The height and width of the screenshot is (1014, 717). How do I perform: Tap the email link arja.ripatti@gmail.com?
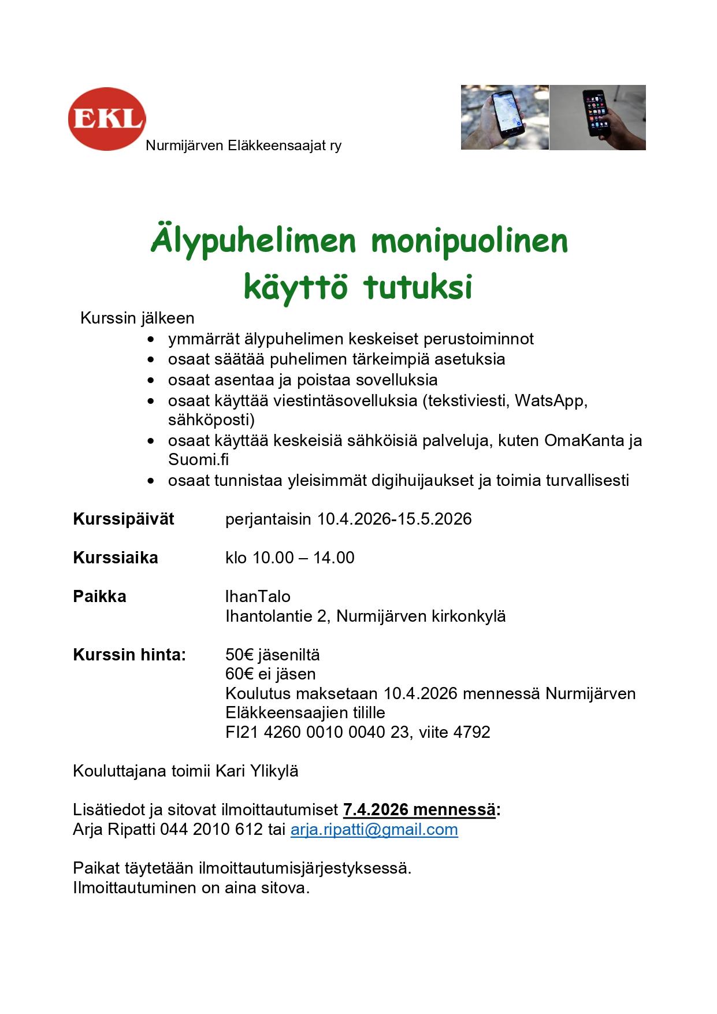pyautogui.click(x=374, y=830)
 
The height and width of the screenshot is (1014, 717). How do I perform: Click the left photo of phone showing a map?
pyautogui.click(x=504, y=117)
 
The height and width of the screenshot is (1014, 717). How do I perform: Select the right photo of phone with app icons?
pyautogui.click(x=597, y=117)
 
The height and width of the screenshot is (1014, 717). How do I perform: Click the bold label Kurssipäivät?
pyautogui.click(x=124, y=519)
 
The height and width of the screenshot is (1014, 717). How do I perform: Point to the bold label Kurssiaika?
pyautogui.click(x=116, y=558)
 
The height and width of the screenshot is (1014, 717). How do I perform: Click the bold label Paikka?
pyautogui.click(x=99, y=596)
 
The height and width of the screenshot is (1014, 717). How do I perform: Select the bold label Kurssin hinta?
pyautogui.click(x=129, y=655)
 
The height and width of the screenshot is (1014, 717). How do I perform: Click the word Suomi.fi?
pyautogui.click(x=199, y=460)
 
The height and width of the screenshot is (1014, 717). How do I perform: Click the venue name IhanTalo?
pyautogui.click(x=258, y=596)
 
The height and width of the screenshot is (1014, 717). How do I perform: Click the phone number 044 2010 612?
pyautogui.click(x=211, y=830)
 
